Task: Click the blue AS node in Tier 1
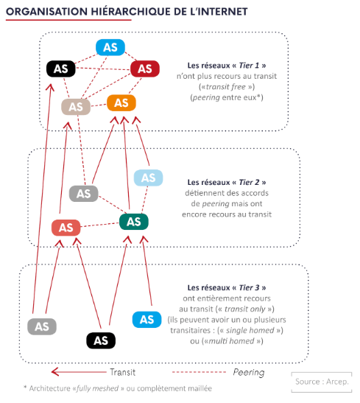110,47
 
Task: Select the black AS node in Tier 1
61,69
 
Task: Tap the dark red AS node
145,69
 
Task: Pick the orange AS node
121,103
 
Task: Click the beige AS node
76,107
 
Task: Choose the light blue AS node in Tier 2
148,178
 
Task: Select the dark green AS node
133,222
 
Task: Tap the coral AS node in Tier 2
66,228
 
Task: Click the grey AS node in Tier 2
83,194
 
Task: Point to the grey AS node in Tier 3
42,326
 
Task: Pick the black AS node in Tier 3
101,340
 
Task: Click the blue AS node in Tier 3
147,320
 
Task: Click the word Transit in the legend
122,372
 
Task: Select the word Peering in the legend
249,372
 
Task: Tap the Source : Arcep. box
322,382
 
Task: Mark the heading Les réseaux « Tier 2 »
227,182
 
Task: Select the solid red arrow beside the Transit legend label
79,372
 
